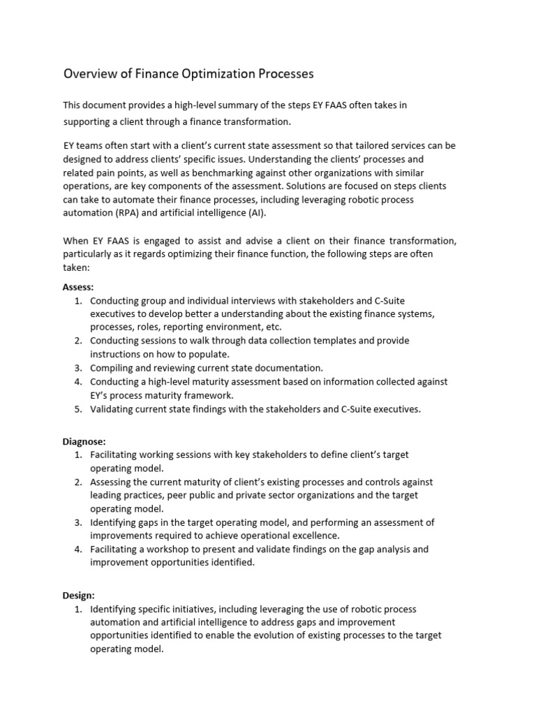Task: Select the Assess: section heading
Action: pos(78,287)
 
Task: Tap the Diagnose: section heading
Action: pos(84,441)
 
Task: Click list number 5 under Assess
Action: pos(77,409)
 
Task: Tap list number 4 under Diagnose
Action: pos(77,550)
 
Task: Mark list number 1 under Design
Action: pos(77,609)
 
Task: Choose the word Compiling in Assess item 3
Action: pos(113,368)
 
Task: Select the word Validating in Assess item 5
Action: pos(114,409)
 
